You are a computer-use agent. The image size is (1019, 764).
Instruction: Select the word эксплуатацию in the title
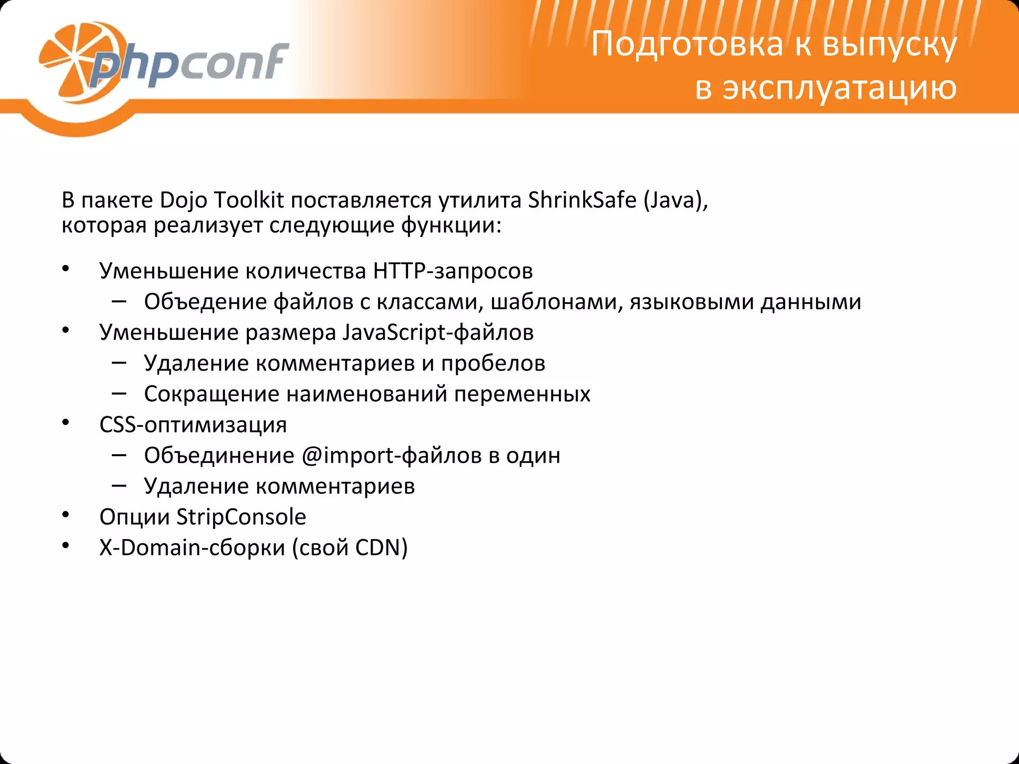pyautogui.click(x=839, y=88)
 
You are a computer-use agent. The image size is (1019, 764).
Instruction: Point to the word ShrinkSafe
pyautogui.click(x=582, y=200)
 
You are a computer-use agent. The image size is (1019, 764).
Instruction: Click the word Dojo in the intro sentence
pyautogui.click(x=184, y=200)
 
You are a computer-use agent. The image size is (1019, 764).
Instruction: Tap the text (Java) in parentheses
pyautogui.click(x=676, y=200)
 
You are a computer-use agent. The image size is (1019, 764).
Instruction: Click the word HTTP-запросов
pyautogui.click(x=453, y=271)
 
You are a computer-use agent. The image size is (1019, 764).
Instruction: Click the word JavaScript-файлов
pyautogui.click(x=438, y=332)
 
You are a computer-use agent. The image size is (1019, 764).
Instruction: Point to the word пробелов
pyautogui.click(x=493, y=363)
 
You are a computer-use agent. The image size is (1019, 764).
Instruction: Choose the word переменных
pyautogui.click(x=522, y=394)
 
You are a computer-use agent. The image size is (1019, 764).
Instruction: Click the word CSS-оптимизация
pyautogui.click(x=193, y=425)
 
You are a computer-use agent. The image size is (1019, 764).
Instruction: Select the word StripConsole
pyautogui.click(x=241, y=517)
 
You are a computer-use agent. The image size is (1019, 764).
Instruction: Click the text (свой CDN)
pyautogui.click(x=350, y=548)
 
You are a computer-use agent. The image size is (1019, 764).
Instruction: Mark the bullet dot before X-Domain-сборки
pyautogui.click(x=65, y=545)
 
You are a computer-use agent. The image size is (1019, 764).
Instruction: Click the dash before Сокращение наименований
pyautogui.click(x=119, y=393)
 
